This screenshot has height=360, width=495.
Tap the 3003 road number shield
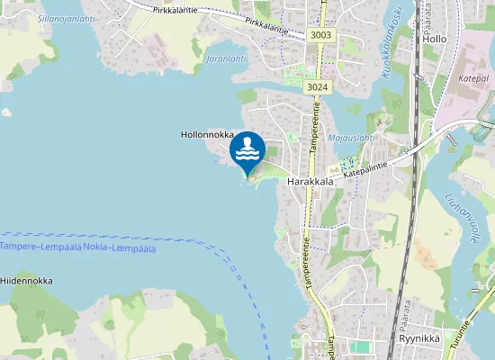pos(319,35)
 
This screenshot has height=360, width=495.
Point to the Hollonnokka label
pos(207,134)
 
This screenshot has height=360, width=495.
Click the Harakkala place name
pos(310,181)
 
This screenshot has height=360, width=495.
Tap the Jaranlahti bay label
pos(226,58)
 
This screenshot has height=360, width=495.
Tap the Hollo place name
pos(435,40)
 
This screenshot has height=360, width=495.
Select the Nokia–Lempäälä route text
pos(119,247)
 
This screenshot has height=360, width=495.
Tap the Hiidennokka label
pos(26,281)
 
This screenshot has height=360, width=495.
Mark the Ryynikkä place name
pos(417,340)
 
